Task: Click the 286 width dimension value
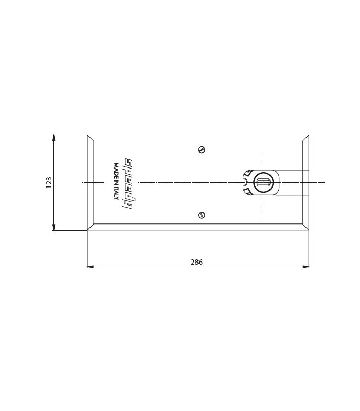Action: (x=196, y=262)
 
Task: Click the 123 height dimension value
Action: (x=49, y=183)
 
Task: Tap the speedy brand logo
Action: (x=130, y=183)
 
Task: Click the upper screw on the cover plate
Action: (x=201, y=150)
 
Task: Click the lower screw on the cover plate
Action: (x=201, y=215)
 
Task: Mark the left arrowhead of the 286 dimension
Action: (x=91, y=267)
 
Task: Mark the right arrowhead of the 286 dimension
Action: (x=305, y=267)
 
